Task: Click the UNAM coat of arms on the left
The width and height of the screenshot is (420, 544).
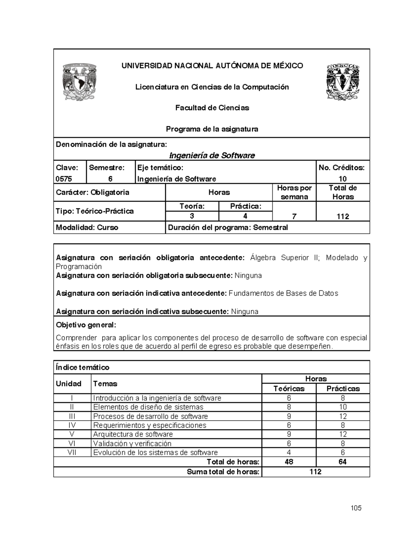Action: click(x=79, y=82)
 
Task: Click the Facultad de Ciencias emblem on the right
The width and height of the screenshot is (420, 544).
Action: click(x=343, y=82)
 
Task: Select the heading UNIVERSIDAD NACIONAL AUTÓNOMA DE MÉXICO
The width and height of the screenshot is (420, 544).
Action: click(x=212, y=66)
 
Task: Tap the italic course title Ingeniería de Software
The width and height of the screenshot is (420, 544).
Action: click(x=212, y=155)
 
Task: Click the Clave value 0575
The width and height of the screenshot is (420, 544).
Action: click(x=64, y=179)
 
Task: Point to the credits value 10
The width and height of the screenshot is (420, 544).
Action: click(x=343, y=179)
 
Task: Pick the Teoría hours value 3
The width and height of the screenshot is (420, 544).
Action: click(x=192, y=216)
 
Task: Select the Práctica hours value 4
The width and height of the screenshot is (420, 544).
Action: click(x=245, y=216)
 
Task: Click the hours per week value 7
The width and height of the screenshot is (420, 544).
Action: click(x=294, y=216)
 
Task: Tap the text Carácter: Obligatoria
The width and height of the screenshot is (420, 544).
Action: click(x=93, y=192)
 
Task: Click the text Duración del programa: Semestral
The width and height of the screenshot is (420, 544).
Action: click(x=228, y=227)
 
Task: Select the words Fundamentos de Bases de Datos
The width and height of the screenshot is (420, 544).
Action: click(x=283, y=293)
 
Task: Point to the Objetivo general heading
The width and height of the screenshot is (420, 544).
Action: click(x=86, y=325)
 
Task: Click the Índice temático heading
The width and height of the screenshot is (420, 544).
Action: click(x=83, y=367)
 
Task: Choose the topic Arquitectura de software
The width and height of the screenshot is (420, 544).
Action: click(x=133, y=434)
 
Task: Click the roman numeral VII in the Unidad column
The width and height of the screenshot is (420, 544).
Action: click(x=72, y=452)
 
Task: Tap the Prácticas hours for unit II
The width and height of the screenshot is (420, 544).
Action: click(x=343, y=407)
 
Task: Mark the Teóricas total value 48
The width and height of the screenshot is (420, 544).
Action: click(x=289, y=462)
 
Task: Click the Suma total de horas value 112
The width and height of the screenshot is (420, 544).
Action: click(x=315, y=472)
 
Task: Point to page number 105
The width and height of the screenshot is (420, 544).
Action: click(x=356, y=508)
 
